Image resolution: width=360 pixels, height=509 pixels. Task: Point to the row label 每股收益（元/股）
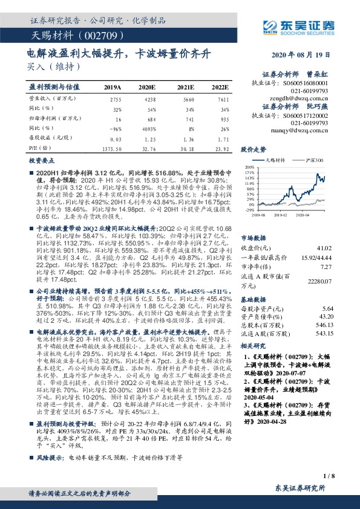[51, 138]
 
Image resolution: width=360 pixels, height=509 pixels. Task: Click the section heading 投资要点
[41, 161]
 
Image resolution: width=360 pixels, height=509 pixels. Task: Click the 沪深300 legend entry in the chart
[315, 160]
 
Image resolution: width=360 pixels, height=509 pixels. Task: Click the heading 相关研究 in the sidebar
[254, 346]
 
